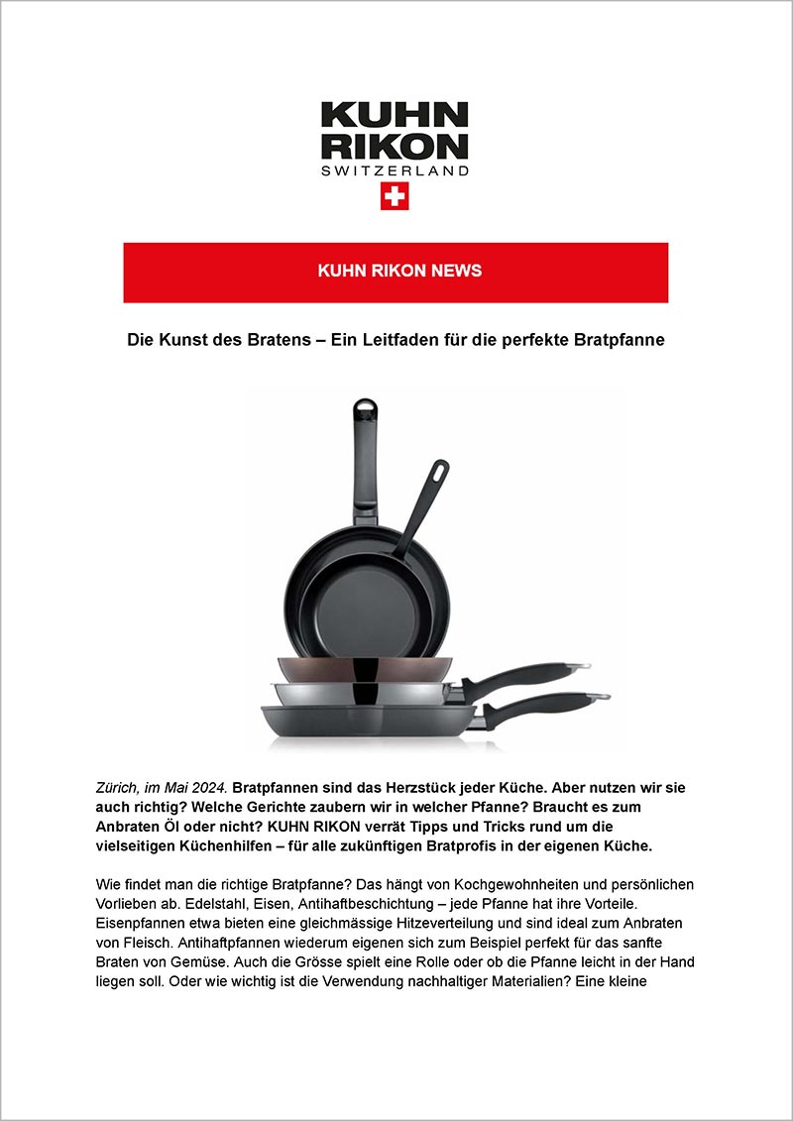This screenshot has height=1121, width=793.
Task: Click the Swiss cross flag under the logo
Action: tap(395, 196)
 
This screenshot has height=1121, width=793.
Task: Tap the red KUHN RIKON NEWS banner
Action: tap(396, 272)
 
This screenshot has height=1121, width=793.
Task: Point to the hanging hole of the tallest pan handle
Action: tap(365, 407)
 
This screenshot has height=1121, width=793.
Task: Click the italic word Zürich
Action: tap(118, 787)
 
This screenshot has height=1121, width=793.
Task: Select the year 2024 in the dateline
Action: tap(210, 787)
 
